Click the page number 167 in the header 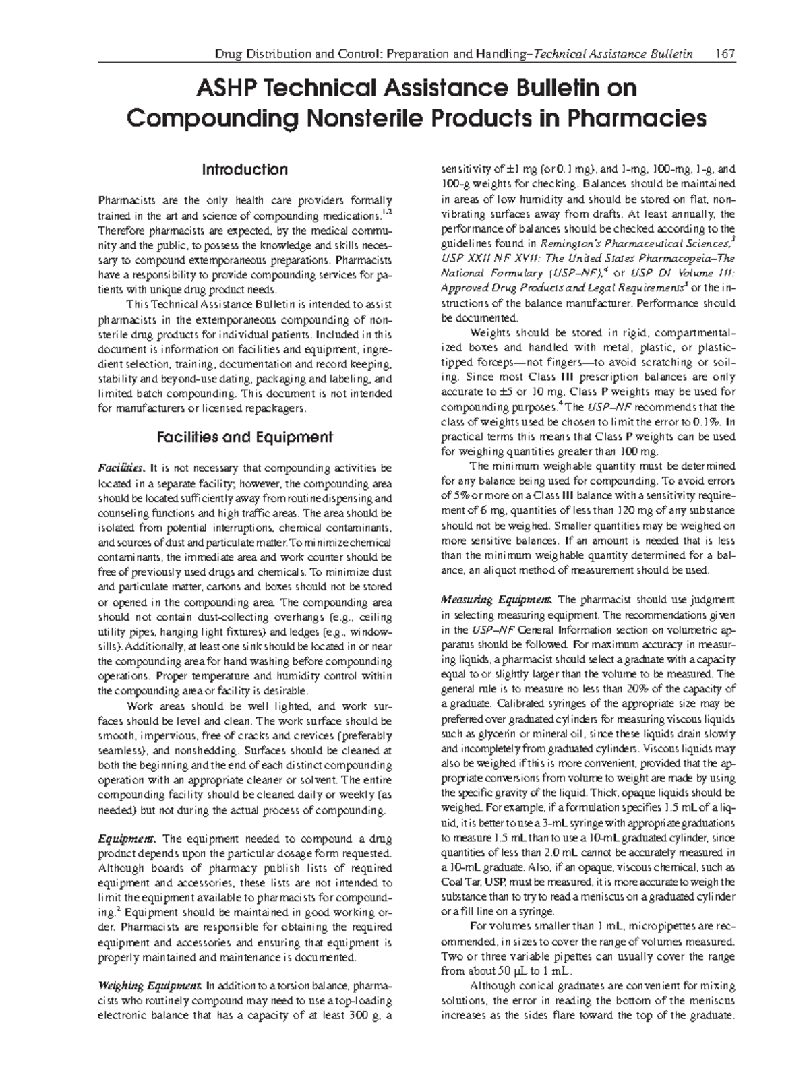click(725, 53)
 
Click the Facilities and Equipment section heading click(245, 437)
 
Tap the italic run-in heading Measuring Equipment click(498, 599)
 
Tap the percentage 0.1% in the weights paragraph click(709, 422)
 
